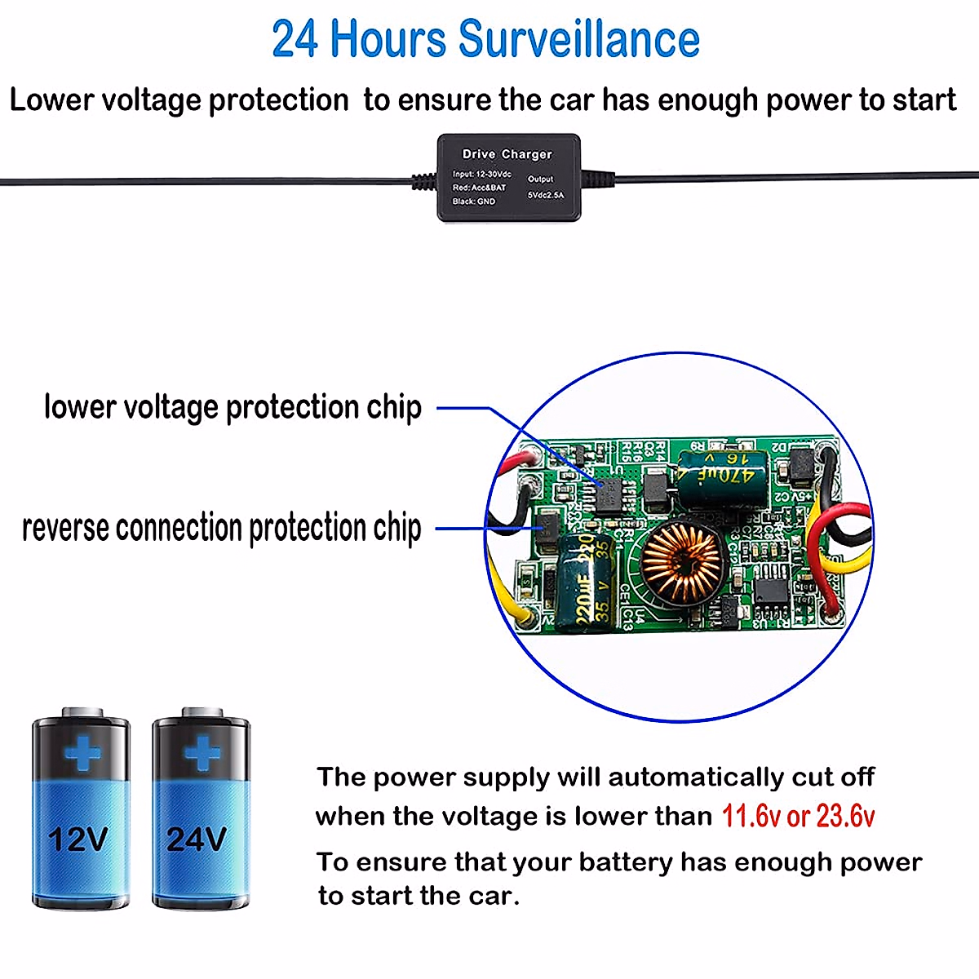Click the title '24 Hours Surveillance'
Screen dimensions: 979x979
coord(486,39)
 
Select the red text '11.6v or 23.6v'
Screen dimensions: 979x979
coord(798,816)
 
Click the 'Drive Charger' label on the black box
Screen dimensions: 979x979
coord(507,154)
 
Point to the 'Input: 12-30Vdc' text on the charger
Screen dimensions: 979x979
coord(481,175)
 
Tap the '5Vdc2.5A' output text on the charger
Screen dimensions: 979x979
coord(545,196)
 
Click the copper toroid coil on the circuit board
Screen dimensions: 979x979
coord(681,561)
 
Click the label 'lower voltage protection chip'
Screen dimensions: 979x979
coord(233,407)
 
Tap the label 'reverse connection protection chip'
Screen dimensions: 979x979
coord(222,528)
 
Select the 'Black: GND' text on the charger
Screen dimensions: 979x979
coord(474,202)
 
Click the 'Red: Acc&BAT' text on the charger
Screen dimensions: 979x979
coord(479,188)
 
